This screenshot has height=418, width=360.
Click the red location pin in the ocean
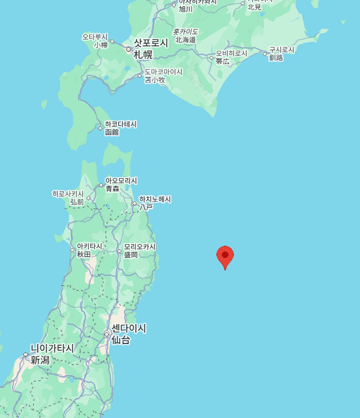[x=225, y=256]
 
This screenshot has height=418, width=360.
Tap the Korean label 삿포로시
[x=150, y=43]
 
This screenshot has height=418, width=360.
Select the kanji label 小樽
[x=101, y=45]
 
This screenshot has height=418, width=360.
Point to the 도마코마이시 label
[x=164, y=72]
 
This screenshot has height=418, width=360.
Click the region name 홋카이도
[x=185, y=32]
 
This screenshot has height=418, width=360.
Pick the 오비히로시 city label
[x=231, y=53]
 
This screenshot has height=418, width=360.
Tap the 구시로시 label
[x=282, y=50]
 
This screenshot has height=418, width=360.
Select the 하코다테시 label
[x=120, y=124]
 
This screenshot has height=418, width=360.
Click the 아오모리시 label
[x=121, y=181]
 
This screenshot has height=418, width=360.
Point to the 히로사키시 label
[x=68, y=194]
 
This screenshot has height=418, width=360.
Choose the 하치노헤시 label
[x=155, y=199]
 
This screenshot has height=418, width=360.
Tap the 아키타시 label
[x=89, y=246]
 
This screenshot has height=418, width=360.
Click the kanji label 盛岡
[x=130, y=255]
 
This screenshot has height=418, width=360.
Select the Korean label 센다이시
[x=129, y=328]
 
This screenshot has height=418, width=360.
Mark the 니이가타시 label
[x=52, y=348]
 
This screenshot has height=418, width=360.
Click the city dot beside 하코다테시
[x=100, y=128]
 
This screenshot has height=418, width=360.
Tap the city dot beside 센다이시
[x=107, y=334]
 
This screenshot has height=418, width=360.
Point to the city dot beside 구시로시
[x=265, y=53]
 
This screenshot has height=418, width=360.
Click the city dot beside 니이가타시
[x=25, y=355]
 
